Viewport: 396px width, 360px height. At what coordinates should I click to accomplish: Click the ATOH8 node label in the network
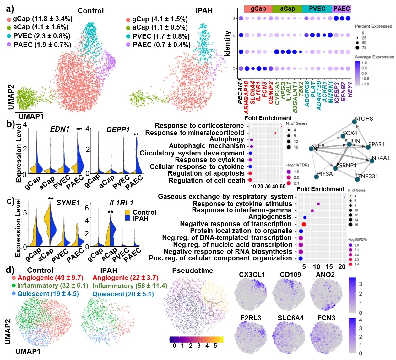click(364, 119)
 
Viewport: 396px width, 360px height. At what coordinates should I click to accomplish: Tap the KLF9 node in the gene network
click(311, 149)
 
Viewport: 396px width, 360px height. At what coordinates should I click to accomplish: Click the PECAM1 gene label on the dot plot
click(240, 91)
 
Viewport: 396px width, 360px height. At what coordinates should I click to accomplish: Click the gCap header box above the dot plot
click(258, 9)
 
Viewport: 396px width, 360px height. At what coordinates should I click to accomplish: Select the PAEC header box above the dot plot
click(341, 9)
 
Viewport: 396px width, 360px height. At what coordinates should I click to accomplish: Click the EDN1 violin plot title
click(60, 129)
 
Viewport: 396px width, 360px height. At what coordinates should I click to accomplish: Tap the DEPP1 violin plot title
click(118, 130)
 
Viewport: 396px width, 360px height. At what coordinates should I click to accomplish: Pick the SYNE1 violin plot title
click(68, 203)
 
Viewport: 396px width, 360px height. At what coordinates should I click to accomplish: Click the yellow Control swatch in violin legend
click(127, 212)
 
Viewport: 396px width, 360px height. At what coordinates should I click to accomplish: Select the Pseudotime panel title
click(193, 270)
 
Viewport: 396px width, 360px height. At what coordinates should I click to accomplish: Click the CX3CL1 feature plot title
click(252, 275)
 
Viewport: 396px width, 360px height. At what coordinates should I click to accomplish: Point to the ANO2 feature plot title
click(325, 275)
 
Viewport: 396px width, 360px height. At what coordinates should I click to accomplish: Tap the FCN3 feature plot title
click(326, 318)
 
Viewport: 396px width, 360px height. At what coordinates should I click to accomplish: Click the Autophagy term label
click(227, 139)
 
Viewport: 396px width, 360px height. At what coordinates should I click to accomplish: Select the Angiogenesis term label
click(270, 217)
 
